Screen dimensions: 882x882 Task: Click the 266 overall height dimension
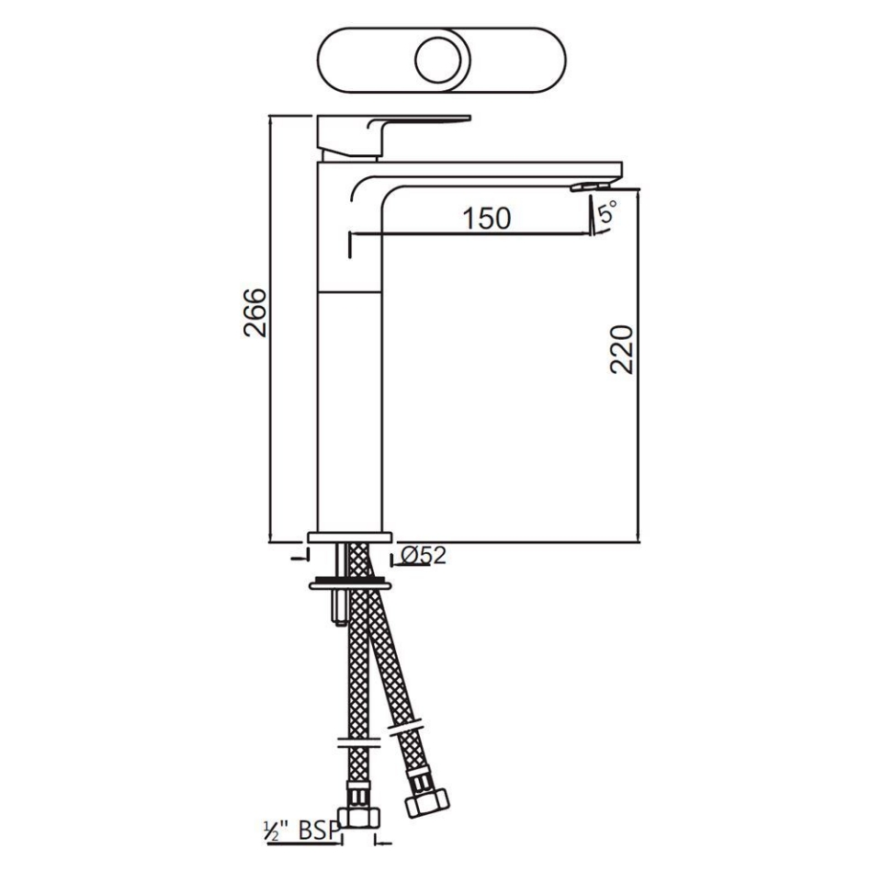click(255, 312)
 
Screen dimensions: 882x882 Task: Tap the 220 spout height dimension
click(623, 349)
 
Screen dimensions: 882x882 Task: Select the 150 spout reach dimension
click(485, 219)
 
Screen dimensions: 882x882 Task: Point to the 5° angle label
click(607, 215)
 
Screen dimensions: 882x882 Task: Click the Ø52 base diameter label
click(424, 555)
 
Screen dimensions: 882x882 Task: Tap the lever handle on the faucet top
click(404, 122)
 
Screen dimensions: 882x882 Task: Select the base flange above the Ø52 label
click(350, 537)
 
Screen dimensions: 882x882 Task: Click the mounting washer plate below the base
click(350, 582)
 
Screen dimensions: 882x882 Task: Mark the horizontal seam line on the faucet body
click(349, 291)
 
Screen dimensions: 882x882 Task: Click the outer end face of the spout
click(622, 171)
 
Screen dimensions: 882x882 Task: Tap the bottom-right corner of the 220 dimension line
click(638, 542)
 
